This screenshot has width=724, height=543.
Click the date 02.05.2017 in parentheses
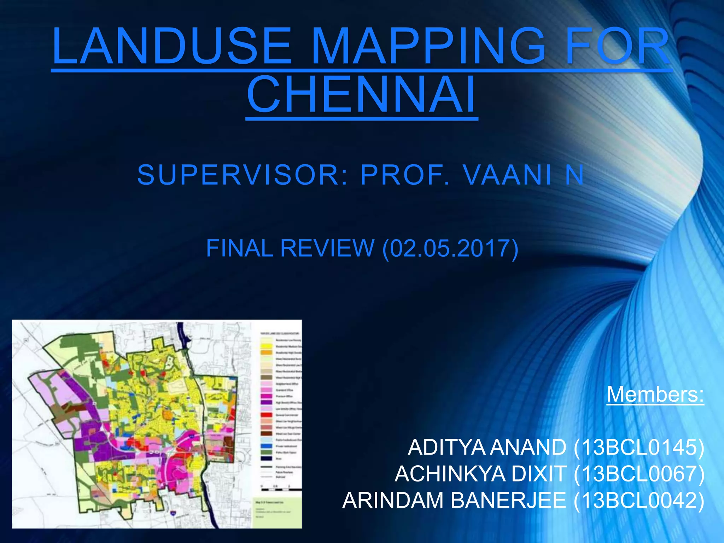coord(450,248)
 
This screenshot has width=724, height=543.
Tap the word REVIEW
coord(327,248)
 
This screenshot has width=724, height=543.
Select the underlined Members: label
coord(655,394)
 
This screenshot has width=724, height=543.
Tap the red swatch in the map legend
coord(266,415)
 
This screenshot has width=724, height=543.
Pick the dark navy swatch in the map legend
coord(266,459)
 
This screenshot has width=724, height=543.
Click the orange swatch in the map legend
coord(266,352)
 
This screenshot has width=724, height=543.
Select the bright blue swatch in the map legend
coord(266,446)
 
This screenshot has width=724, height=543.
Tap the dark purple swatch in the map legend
coord(266,402)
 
